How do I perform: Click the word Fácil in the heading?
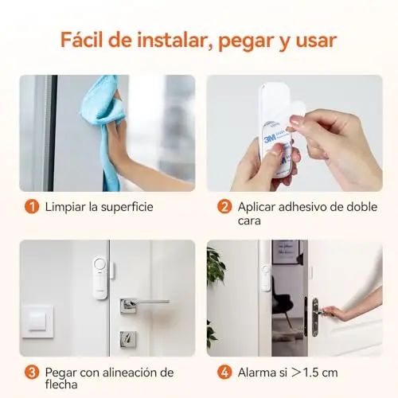[x=82, y=41]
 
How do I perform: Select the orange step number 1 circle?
[x=32, y=207]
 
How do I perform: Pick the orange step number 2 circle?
[x=224, y=207]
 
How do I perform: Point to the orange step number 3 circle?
[x=32, y=373]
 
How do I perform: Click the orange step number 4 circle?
[x=224, y=373]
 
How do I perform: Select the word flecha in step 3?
[x=61, y=384]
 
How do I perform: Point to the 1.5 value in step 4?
[x=310, y=373]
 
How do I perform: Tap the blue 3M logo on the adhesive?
[x=269, y=139]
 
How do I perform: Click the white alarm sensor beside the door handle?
[x=100, y=278]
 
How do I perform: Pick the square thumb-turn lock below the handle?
[x=128, y=339]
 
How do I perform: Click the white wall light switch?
[x=37, y=322]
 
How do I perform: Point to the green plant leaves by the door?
[x=216, y=265]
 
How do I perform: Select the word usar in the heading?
[x=316, y=41]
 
